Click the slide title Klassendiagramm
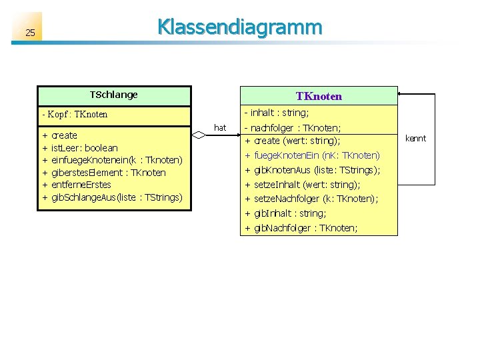(239, 27)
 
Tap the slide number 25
(29, 33)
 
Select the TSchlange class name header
(113, 95)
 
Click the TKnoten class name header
(319, 96)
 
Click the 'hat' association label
(220, 127)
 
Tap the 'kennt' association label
(415, 139)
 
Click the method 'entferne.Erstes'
(81, 185)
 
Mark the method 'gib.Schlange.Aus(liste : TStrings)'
(116, 197)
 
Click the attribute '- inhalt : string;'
(279, 113)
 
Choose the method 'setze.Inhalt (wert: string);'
(307, 185)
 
